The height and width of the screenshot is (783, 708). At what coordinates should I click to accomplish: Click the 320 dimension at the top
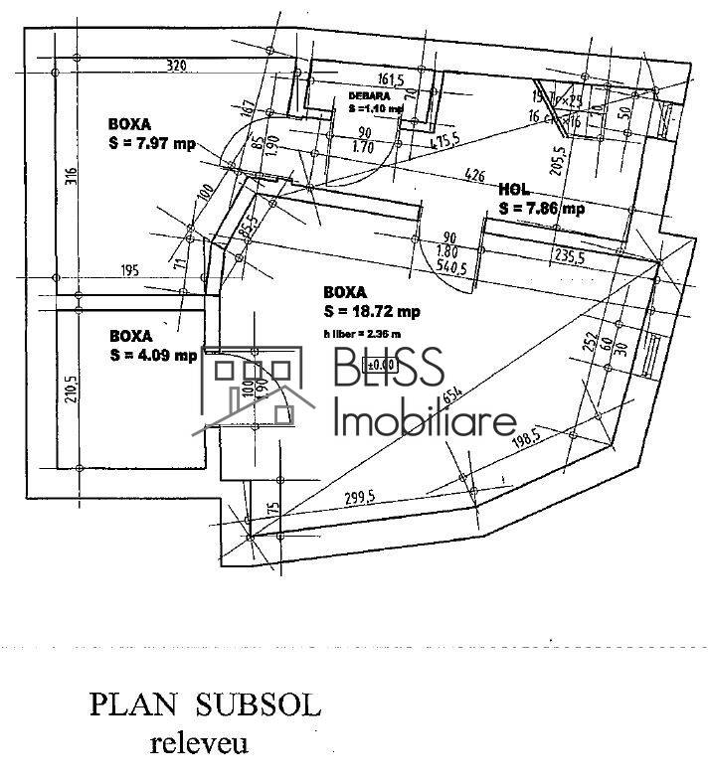[x=176, y=66]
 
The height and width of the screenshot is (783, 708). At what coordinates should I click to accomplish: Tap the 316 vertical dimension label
[x=71, y=178]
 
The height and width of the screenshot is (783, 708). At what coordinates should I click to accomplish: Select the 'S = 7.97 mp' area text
[x=152, y=143]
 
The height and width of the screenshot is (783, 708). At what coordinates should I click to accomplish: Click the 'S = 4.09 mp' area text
[x=153, y=354]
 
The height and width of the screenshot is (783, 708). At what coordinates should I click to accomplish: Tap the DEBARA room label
[x=368, y=96]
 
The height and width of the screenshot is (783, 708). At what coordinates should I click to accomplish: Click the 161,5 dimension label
[x=390, y=78]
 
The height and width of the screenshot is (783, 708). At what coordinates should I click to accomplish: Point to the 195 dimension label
[x=129, y=270]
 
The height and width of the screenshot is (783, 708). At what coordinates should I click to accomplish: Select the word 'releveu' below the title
[x=199, y=743]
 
